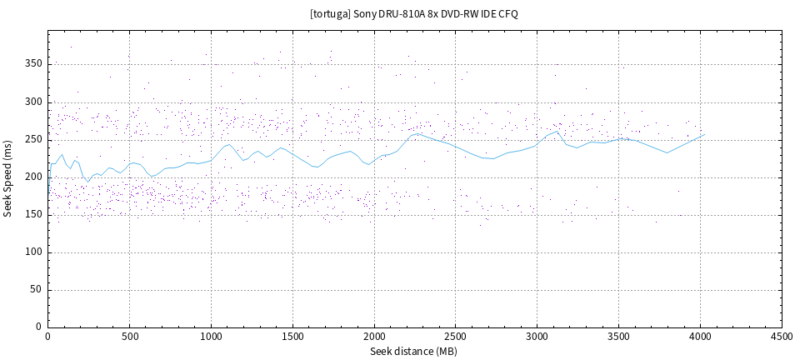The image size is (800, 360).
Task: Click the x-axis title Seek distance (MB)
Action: pyautogui.click(x=414, y=352)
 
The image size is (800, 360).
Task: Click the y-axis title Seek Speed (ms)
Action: pyautogui.click(x=8, y=178)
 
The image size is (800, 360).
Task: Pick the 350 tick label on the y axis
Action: pyautogui.click(x=33, y=63)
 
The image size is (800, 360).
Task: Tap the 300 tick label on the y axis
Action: pyautogui.click(x=33, y=102)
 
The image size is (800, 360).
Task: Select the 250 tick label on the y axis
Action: pyautogui.click(x=33, y=139)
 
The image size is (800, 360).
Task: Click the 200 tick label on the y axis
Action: pyautogui.click(x=33, y=177)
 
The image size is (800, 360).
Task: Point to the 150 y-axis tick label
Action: pyautogui.click(x=33, y=214)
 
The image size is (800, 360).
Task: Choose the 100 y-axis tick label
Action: pyautogui.click(x=33, y=252)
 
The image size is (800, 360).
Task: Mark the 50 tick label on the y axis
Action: pyautogui.click(x=36, y=290)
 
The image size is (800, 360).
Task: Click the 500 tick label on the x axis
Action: pyautogui.click(x=129, y=337)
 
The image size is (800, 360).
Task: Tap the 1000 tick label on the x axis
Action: pyautogui.click(x=211, y=337)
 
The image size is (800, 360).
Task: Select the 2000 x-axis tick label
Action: pyautogui.click(x=374, y=337)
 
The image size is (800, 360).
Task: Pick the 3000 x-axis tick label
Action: pyautogui.click(x=537, y=337)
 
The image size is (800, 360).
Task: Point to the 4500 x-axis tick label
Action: pyautogui.click(x=782, y=337)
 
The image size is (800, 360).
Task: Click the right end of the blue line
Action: pyautogui.click(x=705, y=134)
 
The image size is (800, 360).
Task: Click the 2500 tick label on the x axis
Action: pyautogui.click(x=456, y=337)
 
